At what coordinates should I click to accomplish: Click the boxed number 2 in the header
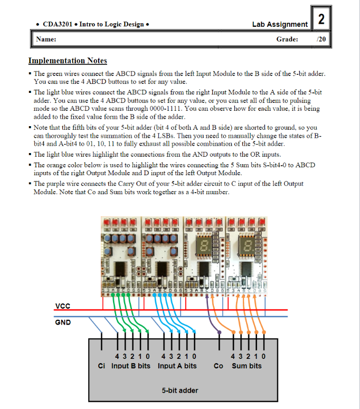[321, 20]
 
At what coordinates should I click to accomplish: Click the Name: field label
[46, 39]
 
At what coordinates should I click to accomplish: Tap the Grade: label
[287, 39]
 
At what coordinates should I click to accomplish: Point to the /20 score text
[320, 39]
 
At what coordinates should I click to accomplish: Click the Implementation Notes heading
[68, 61]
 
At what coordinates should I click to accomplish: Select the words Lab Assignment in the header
[280, 24]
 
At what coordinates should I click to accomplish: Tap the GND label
[63, 322]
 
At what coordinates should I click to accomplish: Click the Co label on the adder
[219, 366]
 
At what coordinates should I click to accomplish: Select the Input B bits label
[130, 366]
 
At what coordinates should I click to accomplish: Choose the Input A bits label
[177, 366]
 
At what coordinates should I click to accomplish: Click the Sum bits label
[247, 366]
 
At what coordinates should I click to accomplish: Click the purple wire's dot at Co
[219, 332]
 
